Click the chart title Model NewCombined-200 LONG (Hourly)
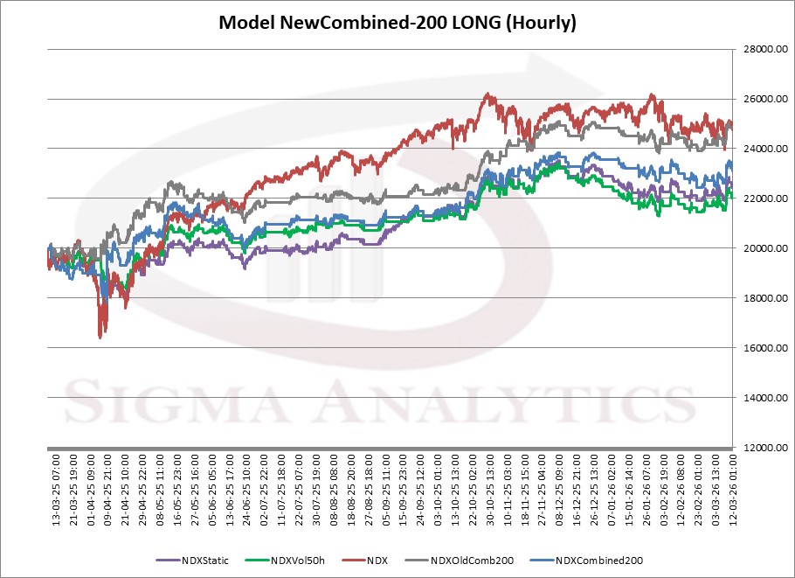(x=397, y=23)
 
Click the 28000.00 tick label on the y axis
(x=763, y=50)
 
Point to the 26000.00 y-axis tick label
(x=763, y=100)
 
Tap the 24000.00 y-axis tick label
(x=763, y=150)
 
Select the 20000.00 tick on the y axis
(x=763, y=249)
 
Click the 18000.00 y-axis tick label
(x=763, y=299)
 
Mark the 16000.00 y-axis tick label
(x=763, y=349)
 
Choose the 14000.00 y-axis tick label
(x=763, y=399)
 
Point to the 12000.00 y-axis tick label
(x=763, y=449)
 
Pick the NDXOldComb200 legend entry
(x=472, y=561)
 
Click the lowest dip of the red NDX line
(x=100, y=337)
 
